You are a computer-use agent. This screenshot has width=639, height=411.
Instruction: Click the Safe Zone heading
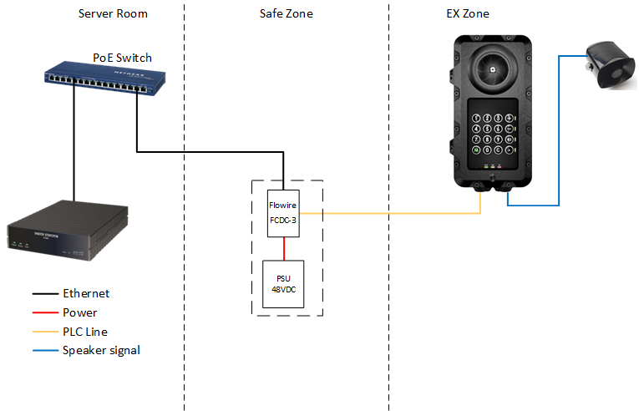click(x=287, y=14)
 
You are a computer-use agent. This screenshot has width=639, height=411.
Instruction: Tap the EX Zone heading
click(x=468, y=14)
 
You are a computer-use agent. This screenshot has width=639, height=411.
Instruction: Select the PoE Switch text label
click(x=122, y=58)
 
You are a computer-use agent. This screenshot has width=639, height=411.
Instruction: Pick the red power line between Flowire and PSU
click(x=284, y=248)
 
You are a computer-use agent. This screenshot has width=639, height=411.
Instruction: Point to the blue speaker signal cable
click(x=559, y=134)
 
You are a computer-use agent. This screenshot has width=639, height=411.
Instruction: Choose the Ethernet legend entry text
click(x=86, y=293)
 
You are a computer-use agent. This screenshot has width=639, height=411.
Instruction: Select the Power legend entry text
click(x=79, y=312)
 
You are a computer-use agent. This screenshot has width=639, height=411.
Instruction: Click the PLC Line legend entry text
click(x=85, y=332)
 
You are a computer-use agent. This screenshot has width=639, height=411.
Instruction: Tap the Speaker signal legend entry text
click(x=101, y=350)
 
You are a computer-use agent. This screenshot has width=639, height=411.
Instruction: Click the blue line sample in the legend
click(x=43, y=351)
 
